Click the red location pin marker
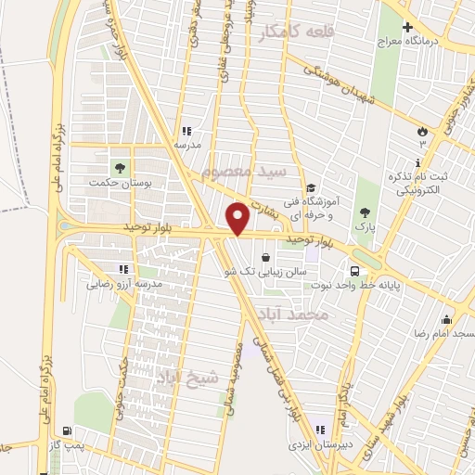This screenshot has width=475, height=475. (x=238, y=217)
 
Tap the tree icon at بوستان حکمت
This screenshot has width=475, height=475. (x=119, y=168)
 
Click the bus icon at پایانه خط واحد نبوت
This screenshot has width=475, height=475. (x=355, y=270)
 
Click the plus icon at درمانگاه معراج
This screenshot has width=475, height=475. (x=407, y=28)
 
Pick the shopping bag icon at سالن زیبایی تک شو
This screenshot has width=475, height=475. (x=266, y=257)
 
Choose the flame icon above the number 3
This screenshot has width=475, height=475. (x=423, y=130)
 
